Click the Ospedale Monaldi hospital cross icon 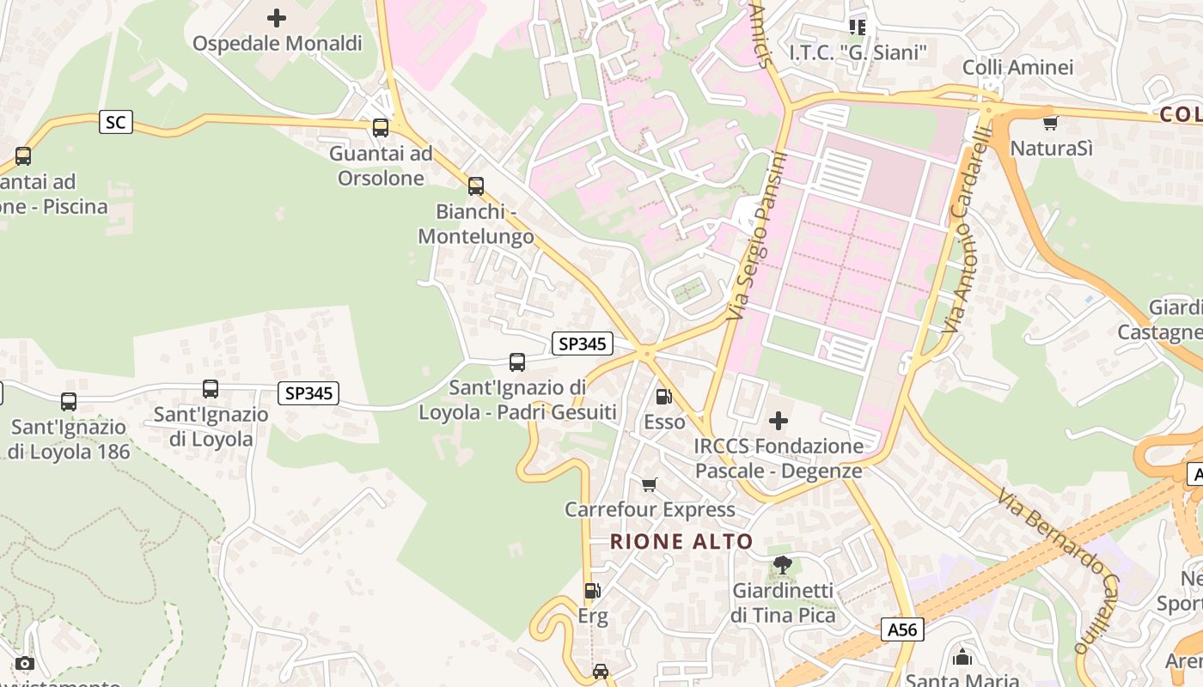point(277,17)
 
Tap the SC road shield point(115,122)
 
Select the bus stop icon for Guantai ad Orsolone point(380,128)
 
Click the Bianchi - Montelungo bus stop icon point(475,185)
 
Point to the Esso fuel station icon point(663,397)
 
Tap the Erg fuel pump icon point(592,591)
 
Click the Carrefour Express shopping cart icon point(650,485)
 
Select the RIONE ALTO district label point(681,542)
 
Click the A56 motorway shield point(902,630)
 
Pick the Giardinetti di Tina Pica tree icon point(782,565)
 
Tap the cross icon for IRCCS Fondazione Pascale point(779,421)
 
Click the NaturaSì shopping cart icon point(1050,123)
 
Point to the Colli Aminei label point(1017,67)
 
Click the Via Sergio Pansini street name point(756,236)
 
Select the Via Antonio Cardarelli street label point(967,230)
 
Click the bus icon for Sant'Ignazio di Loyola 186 point(69,401)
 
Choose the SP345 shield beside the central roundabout point(582,343)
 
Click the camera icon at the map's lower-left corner point(25,663)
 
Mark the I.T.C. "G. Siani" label point(858,53)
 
